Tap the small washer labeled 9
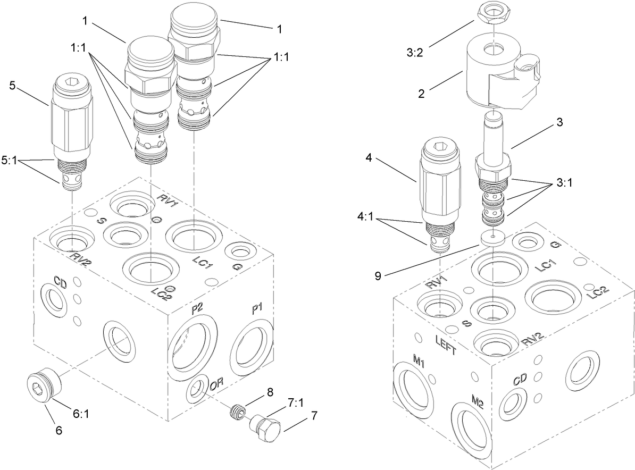coord(493,237)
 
